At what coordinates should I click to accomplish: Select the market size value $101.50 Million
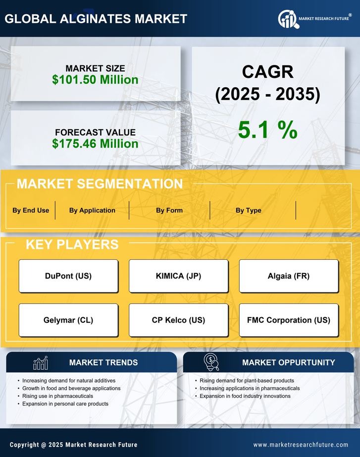click(95, 80)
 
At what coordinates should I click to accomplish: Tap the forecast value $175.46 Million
click(95, 144)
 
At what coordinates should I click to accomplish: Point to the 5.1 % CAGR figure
click(267, 130)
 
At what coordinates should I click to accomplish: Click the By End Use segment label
click(31, 210)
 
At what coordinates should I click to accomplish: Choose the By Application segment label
click(92, 210)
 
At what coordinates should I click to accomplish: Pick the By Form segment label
click(169, 210)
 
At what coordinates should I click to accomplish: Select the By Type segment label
click(249, 210)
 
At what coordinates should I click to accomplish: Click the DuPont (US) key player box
click(68, 276)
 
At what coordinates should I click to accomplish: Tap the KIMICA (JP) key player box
click(179, 276)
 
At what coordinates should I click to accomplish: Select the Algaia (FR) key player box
click(289, 276)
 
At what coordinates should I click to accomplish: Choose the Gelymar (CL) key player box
click(68, 320)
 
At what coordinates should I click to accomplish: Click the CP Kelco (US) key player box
click(179, 320)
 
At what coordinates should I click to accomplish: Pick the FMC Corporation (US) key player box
click(289, 320)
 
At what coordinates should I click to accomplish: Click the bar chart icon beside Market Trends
click(41, 363)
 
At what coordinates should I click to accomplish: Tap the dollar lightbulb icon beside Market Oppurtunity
click(211, 362)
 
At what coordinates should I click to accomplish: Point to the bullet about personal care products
click(65, 404)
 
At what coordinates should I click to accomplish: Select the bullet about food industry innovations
click(245, 396)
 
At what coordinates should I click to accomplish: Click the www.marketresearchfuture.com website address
click(301, 445)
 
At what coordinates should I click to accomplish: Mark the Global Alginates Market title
click(96, 19)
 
